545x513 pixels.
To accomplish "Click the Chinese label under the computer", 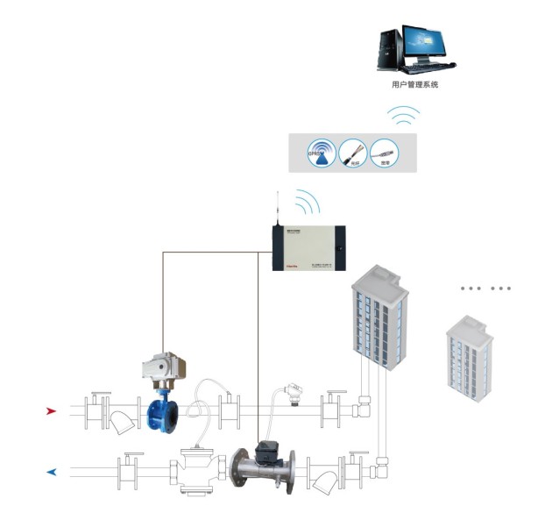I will (414, 85).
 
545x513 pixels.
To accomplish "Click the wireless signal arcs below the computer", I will (405, 116).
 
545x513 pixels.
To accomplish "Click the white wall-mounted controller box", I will (308, 248).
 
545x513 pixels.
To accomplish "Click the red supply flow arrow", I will (53, 410).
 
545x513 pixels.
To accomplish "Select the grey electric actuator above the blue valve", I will (163, 367).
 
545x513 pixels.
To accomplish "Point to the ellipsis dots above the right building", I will (486, 288).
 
